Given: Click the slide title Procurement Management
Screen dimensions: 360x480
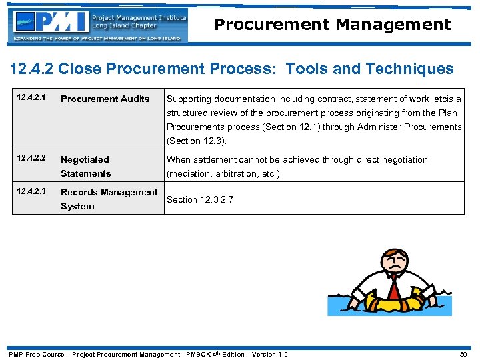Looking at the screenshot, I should tap(332, 25).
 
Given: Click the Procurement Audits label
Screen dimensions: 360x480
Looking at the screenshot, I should tap(105, 99).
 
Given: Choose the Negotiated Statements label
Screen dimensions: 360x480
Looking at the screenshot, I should tap(85, 166).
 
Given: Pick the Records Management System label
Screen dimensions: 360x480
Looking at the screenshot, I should tap(109, 199).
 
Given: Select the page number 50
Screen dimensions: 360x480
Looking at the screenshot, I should tap(464, 354).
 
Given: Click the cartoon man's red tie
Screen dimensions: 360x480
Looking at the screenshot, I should tap(395, 288).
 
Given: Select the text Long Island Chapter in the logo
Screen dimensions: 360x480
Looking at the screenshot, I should tap(124, 25).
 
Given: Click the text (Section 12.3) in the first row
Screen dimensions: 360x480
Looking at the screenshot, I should tap(197, 141).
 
